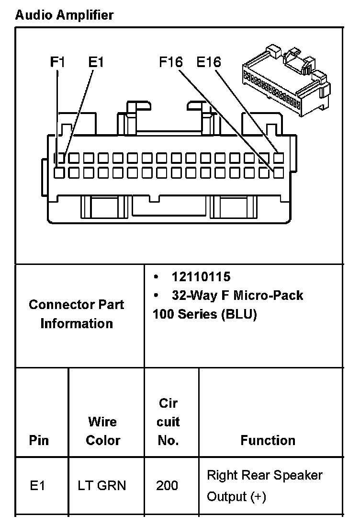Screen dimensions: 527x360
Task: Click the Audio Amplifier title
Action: (x=64, y=15)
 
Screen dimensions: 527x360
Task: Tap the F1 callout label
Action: (x=58, y=62)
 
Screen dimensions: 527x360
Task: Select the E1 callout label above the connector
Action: (x=96, y=62)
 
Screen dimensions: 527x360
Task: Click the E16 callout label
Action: (x=209, y=62)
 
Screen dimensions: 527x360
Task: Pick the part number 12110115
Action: (x=201, y=277)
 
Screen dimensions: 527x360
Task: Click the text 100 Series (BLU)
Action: (x=204, y=315)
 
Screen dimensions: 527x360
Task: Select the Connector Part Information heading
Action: (x=77, y=314)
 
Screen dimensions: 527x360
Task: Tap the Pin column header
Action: (x=39, y=440)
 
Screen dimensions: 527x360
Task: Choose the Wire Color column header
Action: (x=103, y=431)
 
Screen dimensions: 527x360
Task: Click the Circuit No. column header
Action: (x=168, y=422)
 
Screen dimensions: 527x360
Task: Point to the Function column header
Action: (x=268, y=440)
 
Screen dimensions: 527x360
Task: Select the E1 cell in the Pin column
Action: (x=37, y=486)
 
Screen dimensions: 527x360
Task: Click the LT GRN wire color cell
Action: (x=102, y=486)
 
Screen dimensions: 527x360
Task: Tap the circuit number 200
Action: (x=167, y=486)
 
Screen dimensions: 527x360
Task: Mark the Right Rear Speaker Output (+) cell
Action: (x=264, y=486)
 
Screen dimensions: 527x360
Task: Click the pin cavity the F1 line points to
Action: (x=59, y=172)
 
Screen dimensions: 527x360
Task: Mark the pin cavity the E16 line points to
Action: (x=279, y=157)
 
